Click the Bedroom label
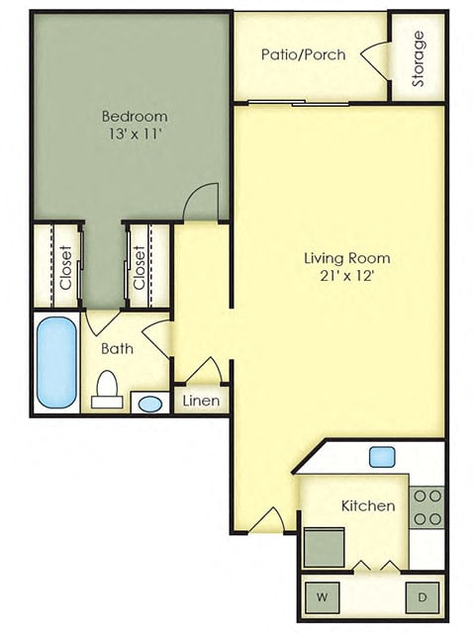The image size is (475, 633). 134,115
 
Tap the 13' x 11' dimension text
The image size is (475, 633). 134,135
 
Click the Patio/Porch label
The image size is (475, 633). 304,54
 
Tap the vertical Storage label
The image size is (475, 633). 419,58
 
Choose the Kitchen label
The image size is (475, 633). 368,505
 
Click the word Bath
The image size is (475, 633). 117,348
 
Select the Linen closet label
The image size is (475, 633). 202,401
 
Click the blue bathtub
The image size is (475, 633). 56,362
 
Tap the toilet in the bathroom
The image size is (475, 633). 106,392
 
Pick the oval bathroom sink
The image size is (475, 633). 149,404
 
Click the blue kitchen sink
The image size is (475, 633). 383,457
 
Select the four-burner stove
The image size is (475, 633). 427,506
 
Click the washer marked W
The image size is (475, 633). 323,596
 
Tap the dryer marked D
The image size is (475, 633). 423,596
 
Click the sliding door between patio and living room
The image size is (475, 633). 297,102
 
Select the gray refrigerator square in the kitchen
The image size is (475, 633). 324,545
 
